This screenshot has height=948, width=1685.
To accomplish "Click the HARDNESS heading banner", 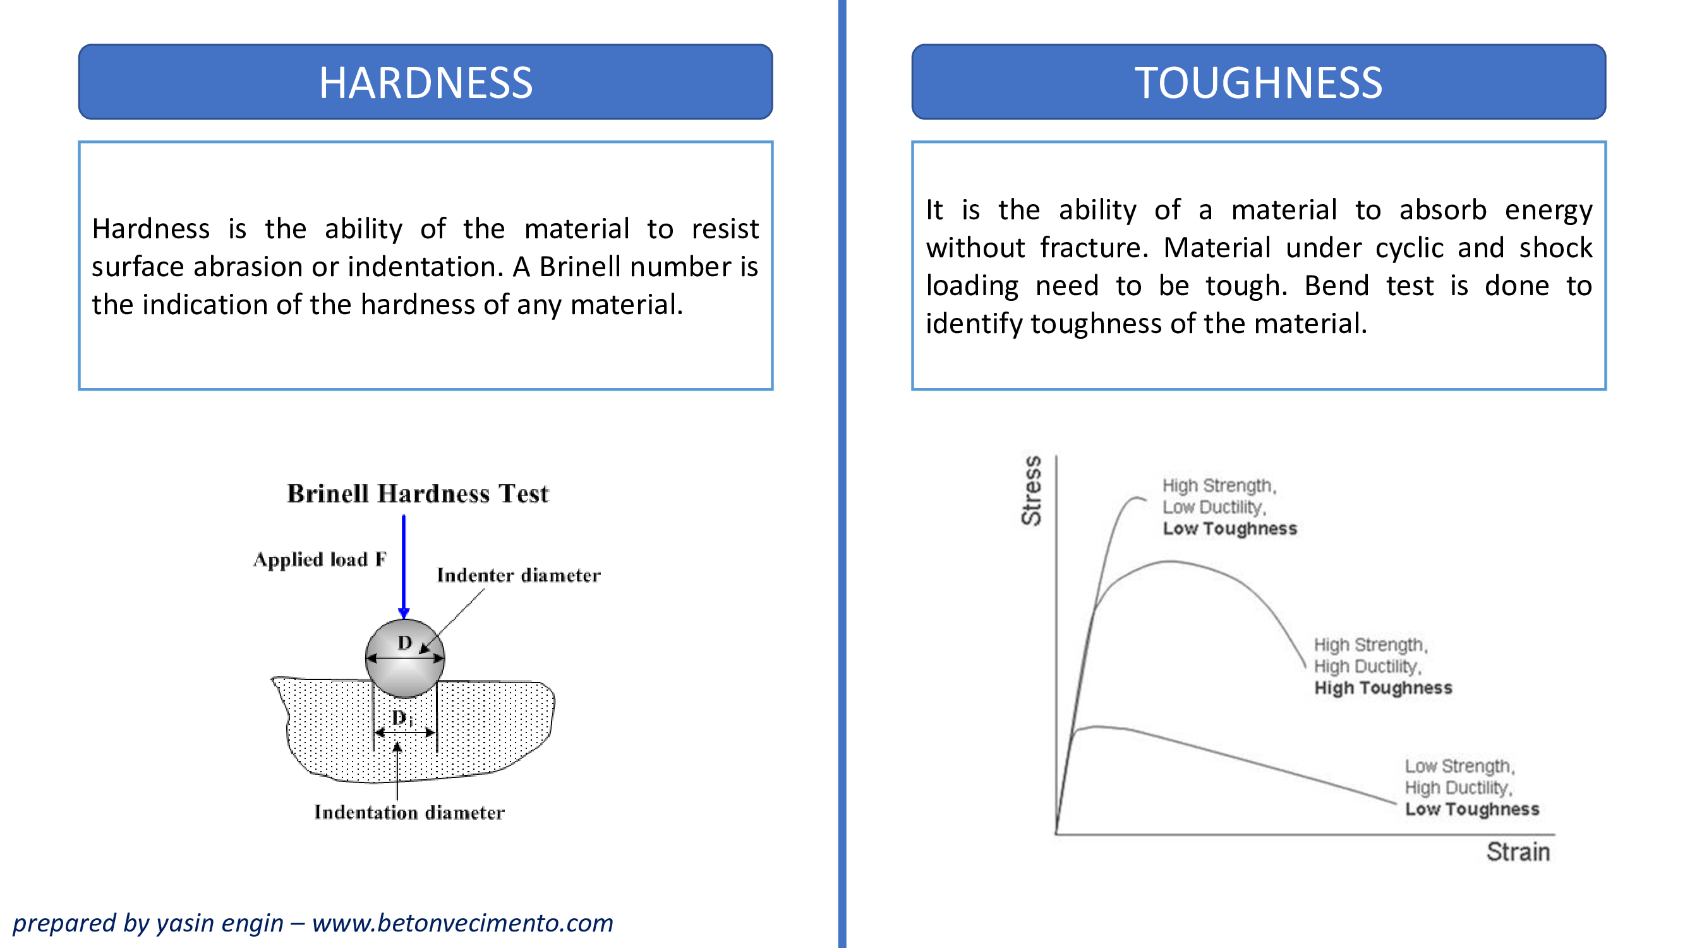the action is tap(425, 82).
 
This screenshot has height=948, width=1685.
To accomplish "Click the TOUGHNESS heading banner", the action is tap(1259, 82).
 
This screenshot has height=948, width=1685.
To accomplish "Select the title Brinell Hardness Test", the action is tap(418, 494).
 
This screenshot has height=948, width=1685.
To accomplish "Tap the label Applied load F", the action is tap(320, 559).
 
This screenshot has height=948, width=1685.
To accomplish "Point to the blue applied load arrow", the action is tap(404, 566).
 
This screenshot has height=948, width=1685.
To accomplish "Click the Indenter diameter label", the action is tap(519, 575).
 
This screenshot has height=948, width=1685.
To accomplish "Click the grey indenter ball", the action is tap(405, 658).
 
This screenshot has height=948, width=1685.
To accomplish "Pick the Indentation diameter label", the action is tap(409, 812).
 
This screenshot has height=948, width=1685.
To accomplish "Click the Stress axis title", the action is tap(1032, 490).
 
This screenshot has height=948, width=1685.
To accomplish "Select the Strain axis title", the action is tap(1518, 852).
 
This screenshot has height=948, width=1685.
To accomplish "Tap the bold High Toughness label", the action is tap(1384, 688).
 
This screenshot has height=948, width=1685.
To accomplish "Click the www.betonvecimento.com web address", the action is tap(462, 923).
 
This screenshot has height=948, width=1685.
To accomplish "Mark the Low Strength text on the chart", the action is tap(1458, 765).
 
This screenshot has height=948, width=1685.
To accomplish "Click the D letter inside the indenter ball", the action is tap(405, 643).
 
